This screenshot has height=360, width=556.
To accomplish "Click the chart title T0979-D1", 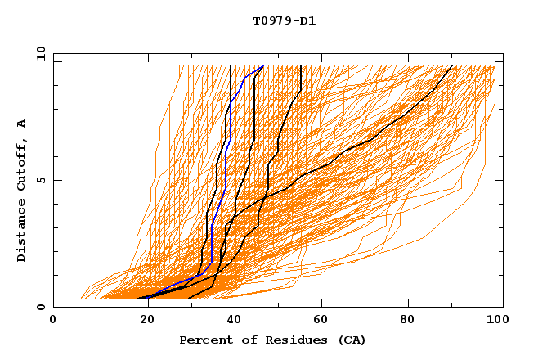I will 284,21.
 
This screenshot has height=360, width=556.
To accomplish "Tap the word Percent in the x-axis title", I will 203,340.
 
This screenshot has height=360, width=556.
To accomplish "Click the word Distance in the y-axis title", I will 22,232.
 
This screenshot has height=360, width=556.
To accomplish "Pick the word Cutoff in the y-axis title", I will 22,166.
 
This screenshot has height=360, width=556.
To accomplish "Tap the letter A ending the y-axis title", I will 22,124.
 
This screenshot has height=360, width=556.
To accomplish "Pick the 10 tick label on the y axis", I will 37,53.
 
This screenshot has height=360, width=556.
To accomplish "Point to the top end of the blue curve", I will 263,66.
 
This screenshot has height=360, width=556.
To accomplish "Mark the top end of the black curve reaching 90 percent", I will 452,66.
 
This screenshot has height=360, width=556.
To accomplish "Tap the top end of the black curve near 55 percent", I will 301,66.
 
